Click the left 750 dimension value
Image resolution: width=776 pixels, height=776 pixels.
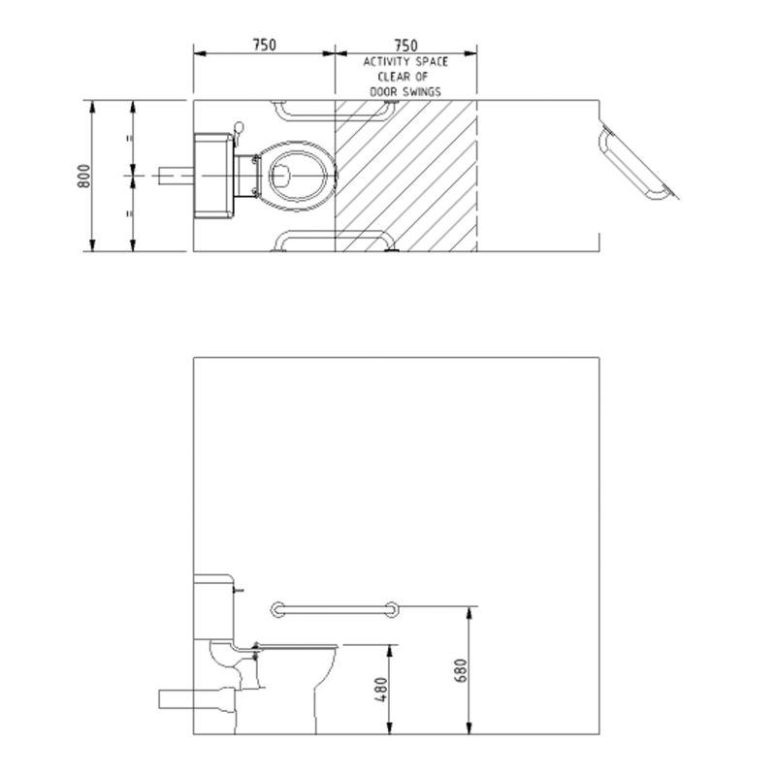click(264, 45)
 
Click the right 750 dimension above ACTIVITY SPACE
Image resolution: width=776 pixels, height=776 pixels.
click(405, 46)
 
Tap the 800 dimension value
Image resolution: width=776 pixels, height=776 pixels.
click(84, 176)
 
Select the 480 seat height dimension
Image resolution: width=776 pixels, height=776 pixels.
click(381, 690)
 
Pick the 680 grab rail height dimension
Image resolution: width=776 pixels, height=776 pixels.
click(460, 670)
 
